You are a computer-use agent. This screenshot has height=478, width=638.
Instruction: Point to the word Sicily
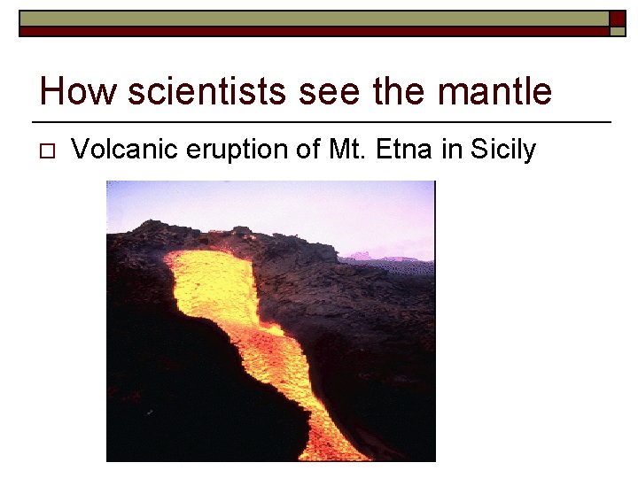(502, 150)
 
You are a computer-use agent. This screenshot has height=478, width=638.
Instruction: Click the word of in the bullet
(310, 150)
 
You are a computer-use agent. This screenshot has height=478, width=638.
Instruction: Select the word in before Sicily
(452, 150)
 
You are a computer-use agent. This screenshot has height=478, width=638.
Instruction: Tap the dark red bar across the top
(310, 31)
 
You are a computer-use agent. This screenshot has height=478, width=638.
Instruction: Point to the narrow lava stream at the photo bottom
(337, 434)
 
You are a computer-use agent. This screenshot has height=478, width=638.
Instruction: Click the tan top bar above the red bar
(310, 18)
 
